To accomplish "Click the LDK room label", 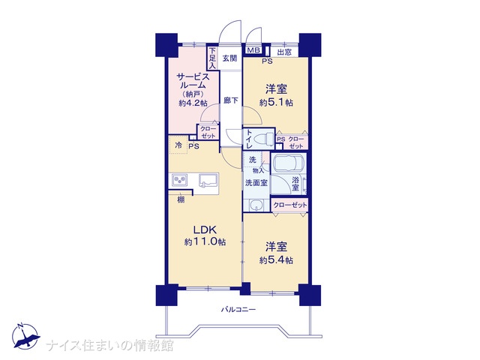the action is [x=205, y=229].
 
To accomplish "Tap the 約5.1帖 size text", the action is [x=276, y=103].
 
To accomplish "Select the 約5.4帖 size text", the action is [x=276, y=260].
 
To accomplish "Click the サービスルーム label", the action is [x=193, y=81].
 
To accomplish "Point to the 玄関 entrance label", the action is [x=229, y=58].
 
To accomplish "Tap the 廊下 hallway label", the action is [x=230, y=100].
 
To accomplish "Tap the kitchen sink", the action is [x=208, y=180].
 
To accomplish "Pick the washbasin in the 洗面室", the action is [x=256, y=205].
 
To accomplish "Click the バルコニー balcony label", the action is [x=238, y=310].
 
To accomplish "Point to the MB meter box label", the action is [x=253, y=50].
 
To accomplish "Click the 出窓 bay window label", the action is [x=284, y=52].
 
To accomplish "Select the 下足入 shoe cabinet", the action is [x=213, y=58].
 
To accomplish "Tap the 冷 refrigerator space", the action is [x=178, y=145].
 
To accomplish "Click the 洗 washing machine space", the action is [x=252, y=160].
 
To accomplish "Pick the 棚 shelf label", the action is [x=181, y=200].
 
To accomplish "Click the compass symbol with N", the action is [x=25, y=336].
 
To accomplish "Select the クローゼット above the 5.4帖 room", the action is [x=289, y=205].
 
